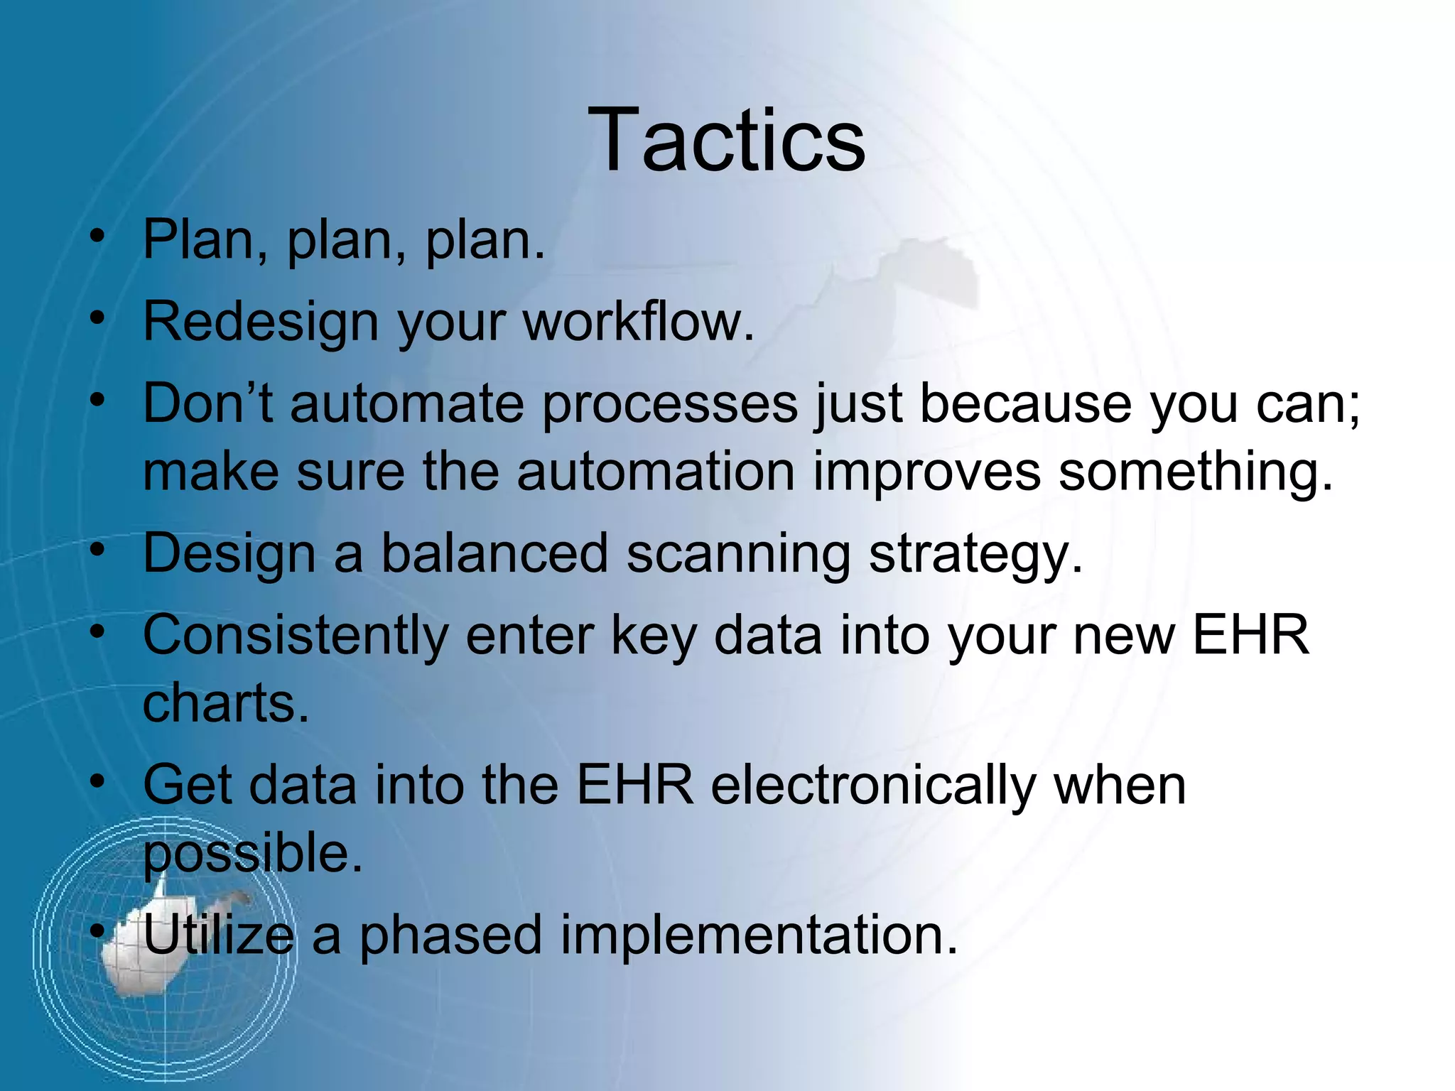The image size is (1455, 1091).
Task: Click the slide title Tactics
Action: click(x=726, y=140)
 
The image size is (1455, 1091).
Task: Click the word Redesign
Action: click(x=261, y=322)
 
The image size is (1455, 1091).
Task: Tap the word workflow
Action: click(x=638, y=322)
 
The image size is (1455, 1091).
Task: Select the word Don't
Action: click(x=207, y=403)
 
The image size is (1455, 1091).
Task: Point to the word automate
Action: click(x=406, y=403)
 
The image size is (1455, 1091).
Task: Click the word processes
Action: click(x=670, y=403)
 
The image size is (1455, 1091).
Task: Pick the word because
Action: click(x=1025, y=403)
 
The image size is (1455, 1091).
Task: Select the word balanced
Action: click(x=494, y=553)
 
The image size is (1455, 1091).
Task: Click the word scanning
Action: click(x=738, y=553)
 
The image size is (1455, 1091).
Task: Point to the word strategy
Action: click(x=975, y=553)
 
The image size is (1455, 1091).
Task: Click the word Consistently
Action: click(x=295, y=635)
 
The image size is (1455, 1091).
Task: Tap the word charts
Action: click(x=226, y=703)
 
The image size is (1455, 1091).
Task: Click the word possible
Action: click(x=253, y=854)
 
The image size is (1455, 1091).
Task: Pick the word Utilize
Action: click(x=218, y=935)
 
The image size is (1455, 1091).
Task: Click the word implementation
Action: click(x=759, y=935)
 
